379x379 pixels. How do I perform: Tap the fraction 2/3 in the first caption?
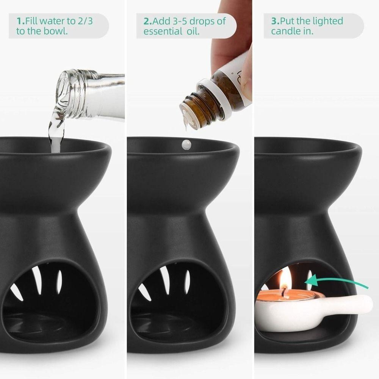(88, 21)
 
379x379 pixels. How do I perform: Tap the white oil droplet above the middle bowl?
(186, 144)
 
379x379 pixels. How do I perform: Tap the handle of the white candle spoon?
(351, 304)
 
